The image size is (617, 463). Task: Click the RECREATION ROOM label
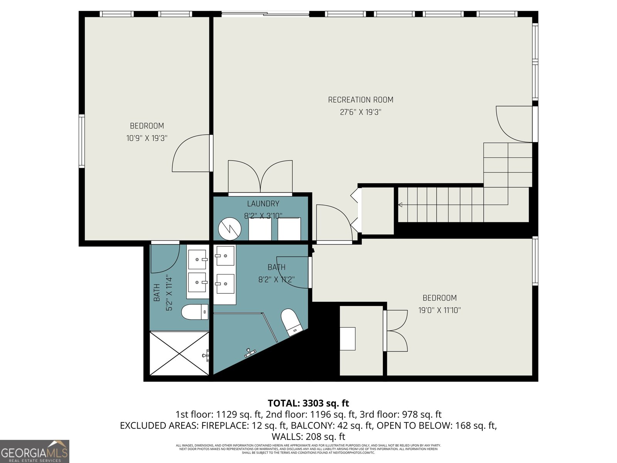coord(361,100)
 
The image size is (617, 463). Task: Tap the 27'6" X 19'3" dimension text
coord(361,112)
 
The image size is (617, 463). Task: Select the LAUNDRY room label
coord(263,204)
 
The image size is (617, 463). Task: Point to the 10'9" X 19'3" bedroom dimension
coord(147,138)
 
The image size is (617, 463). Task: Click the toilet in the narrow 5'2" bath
coord(195,312)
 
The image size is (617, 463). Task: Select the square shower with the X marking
coord(179,353)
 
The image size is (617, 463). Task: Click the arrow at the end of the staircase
coord(401,204)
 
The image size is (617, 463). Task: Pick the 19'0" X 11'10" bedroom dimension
coord(440,310)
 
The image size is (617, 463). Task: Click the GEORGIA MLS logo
coord(35,451)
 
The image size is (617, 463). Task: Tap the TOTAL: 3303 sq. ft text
coord(308,403)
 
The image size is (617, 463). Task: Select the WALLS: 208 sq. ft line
coord(308,437)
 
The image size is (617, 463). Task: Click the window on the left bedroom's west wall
coord(81,141)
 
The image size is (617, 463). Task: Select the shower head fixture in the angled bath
coord(251,352)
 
